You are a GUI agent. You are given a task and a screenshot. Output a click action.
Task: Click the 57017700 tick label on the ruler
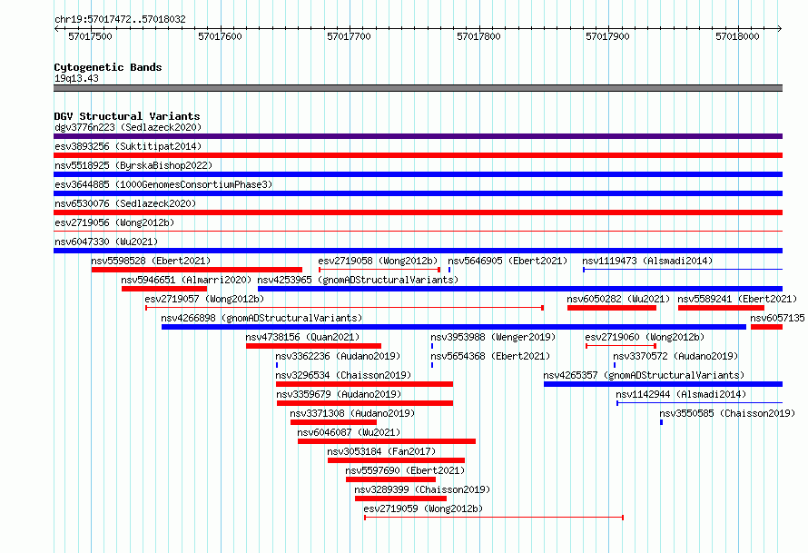pyautogui.click(x=349, y=36)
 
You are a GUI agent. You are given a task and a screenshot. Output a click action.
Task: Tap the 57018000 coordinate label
pyautogui.click(x=737, y=36)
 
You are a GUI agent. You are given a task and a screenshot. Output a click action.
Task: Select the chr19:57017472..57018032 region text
pyautogui.click(x=120, y=20)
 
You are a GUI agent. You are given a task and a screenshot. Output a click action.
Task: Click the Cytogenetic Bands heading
pyautogui.click(x=108, y=67)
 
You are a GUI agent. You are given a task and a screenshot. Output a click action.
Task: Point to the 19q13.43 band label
pyautogui.click(x=76, y=78)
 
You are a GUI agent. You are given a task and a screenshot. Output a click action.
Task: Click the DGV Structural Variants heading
pyautogui.click(x=127, y=116)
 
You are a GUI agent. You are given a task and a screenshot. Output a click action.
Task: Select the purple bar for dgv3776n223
pyautogui.click(x=418, y=136)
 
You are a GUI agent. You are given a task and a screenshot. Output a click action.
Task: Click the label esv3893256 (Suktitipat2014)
pyautogui.click(x=128, y=146)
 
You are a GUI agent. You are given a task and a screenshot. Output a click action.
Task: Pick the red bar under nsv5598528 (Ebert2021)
pyautogui.click(x=197, y=270)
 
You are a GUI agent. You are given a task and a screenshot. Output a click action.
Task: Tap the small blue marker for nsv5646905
pyautogui.click(x=449, y=270)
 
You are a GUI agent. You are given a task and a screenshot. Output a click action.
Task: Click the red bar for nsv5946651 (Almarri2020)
pyautogui.click(x=164, y=289)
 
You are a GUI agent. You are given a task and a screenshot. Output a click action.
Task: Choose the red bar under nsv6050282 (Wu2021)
pyautogui.click(x=612, y=308)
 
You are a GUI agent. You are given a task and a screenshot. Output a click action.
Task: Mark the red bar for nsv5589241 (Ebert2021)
pyautogui.click(x=721, y=308)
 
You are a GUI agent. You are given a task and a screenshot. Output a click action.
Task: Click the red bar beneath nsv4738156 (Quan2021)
pyautogui.click(x=314, y=346)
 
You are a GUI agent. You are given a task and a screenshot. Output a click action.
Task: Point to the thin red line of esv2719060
pyautogui.click(x=621, y=346)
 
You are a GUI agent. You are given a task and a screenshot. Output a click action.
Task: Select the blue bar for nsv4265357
pyautogui.click(x=664, y=384)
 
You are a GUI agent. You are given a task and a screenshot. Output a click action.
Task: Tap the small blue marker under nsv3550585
pyautogui.click(x=661, y=422)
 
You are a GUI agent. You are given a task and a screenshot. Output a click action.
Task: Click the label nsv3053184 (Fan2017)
pyautogui.click(x=381, y=451)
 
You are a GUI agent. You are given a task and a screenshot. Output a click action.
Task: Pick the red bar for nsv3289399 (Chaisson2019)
pyautogui.click(x=401, y=499)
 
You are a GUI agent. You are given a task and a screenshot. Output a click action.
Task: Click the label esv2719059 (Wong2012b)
pyautogui.click(x=423, y=509)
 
